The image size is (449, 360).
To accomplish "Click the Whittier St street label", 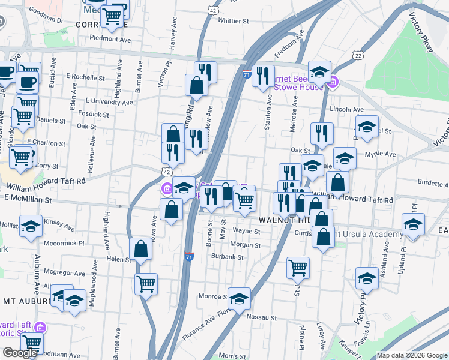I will coord(234,21).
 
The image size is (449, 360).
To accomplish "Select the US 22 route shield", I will coord(358,55).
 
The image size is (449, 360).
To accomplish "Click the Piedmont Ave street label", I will coord(110,39).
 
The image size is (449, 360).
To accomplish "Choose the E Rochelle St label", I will coord(81,77).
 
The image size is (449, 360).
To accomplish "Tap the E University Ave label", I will coord(109,102).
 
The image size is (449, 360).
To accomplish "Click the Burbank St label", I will coord(228,257).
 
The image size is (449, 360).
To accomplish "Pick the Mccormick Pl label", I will coord(67,244).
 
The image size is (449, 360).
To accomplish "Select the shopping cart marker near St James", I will coord(298,268).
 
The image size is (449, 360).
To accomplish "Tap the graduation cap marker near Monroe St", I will coord(239,299).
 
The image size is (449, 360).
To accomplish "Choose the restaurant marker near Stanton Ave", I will coord(262,75).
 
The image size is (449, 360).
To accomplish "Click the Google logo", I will coord(20,353).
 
